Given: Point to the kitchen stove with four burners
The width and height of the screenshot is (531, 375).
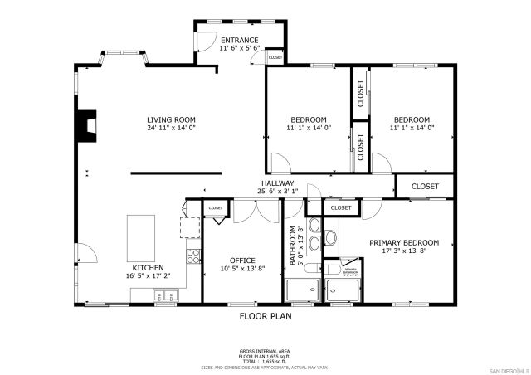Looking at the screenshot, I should click(x=192, y=256).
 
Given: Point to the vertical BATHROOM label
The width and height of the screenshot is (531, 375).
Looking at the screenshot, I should click(x=293, y=246).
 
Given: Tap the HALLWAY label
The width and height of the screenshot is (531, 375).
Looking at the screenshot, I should click(x=277, y=183).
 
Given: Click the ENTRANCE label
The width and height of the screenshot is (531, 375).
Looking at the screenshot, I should click(x=239, y=40).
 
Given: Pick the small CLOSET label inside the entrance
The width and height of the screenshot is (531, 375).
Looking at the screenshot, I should click(x=275, y=57).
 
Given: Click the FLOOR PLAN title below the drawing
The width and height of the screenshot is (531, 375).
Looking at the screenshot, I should click(x=265, y=316).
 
